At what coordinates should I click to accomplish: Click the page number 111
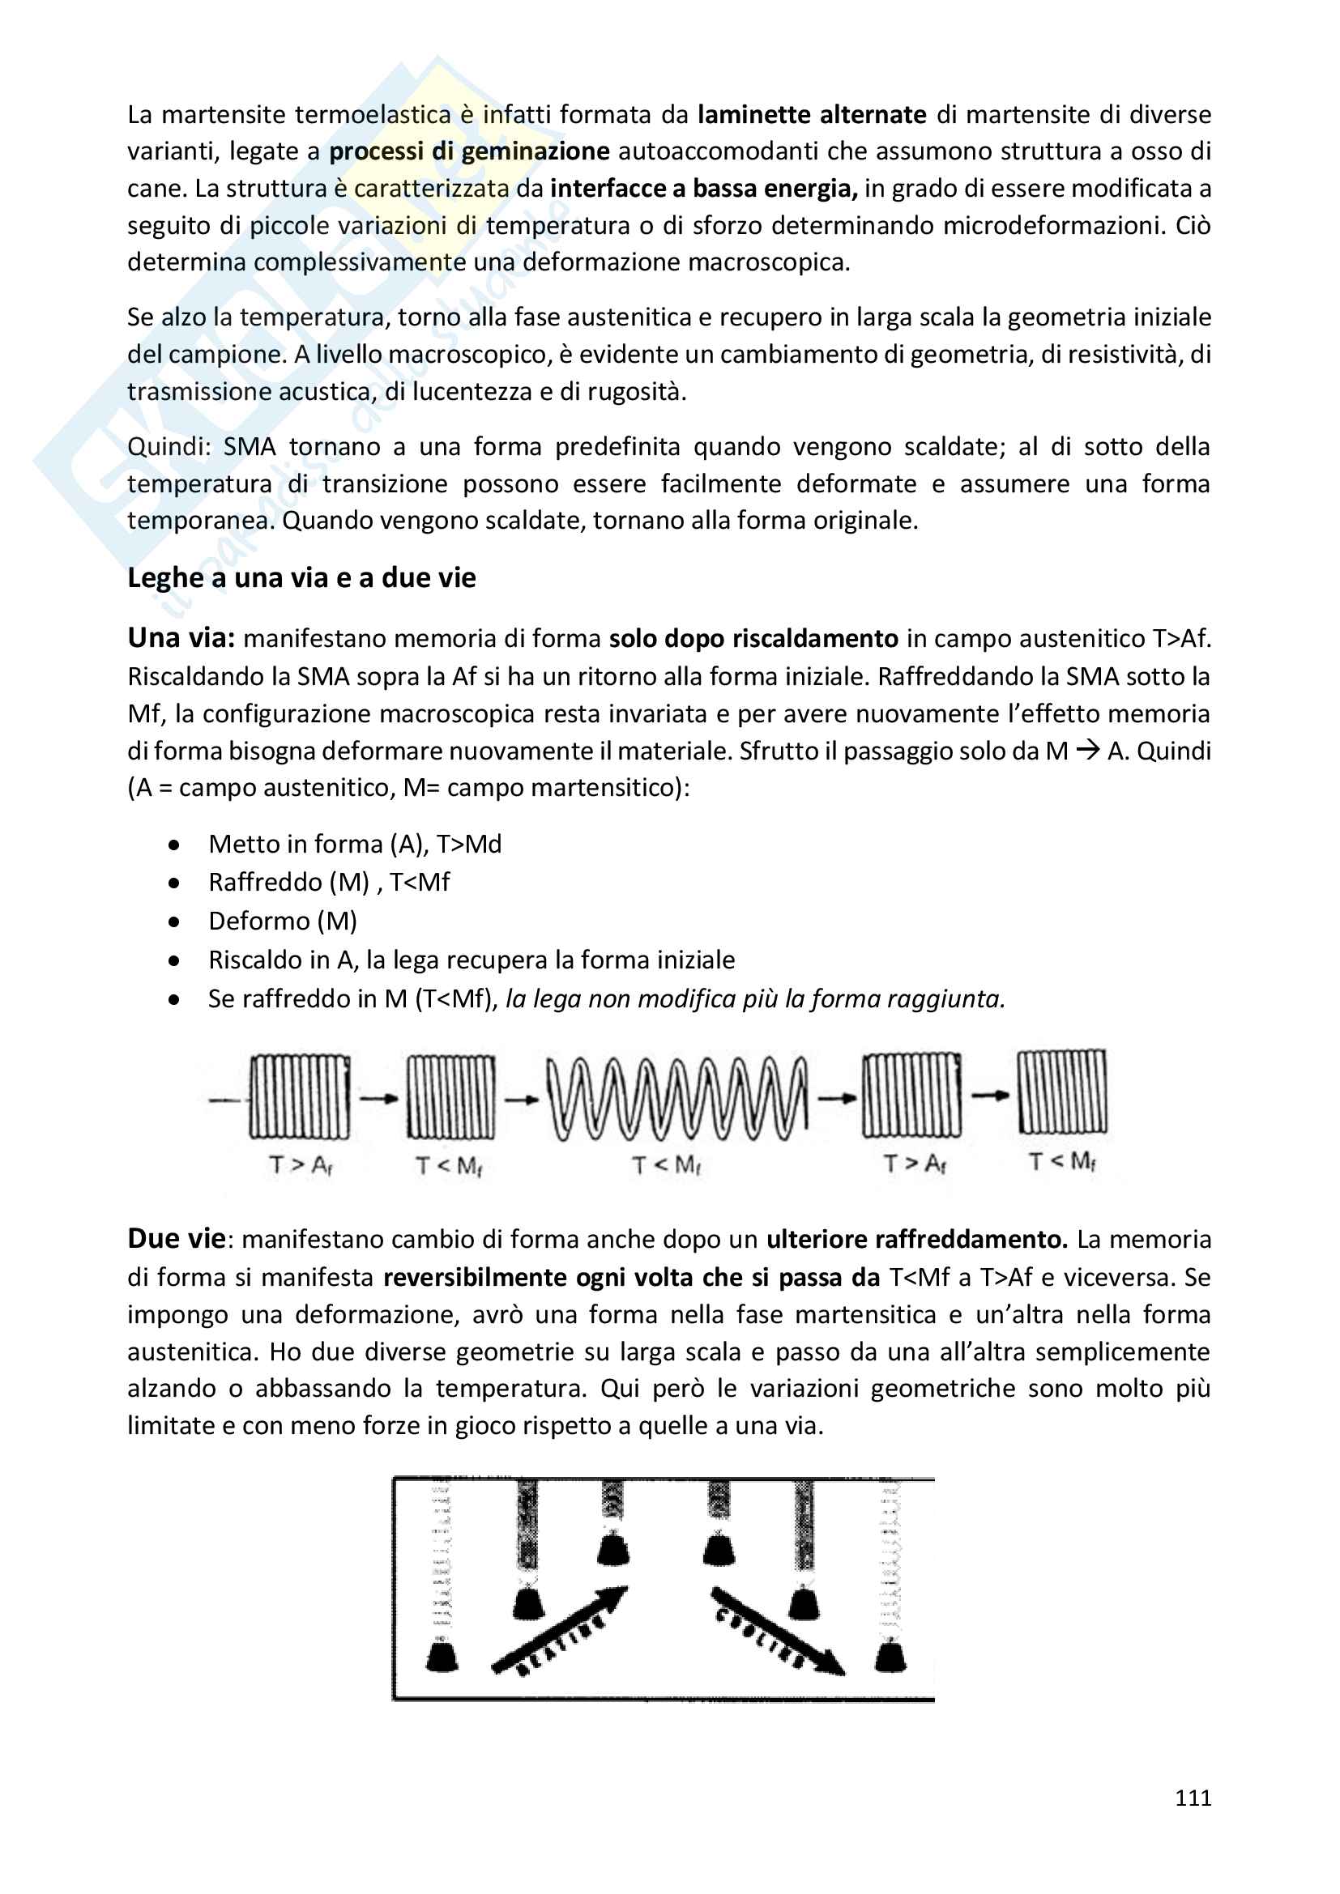click(x=1193, y=1798)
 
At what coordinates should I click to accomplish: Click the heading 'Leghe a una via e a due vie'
click(x=301, y=577)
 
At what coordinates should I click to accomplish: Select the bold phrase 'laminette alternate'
click(x=812, y=114)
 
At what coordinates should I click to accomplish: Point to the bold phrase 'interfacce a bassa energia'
click(x=703, y=188)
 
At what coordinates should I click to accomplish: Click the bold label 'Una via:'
click(x=181, y=637)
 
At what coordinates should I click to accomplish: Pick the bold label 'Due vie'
click(x=176, y=1238)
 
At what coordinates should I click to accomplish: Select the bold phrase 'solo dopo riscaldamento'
click(x=753, y=638)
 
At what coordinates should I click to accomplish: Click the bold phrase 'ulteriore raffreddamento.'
click(x=917, y=1239)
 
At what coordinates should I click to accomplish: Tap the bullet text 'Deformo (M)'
click(x=282, y=921)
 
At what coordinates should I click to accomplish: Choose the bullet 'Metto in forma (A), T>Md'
click(x=355, y=844)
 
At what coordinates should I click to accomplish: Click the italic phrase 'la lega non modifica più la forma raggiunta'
click(x=754, y=999)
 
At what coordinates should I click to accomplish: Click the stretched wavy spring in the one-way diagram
click(x=677, y=1097)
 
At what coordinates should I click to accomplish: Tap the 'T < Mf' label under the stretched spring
click(x=667, y=1164)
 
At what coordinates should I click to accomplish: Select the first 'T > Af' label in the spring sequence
click(x=301, y=1164)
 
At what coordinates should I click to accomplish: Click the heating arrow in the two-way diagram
click(x=560, y=1629)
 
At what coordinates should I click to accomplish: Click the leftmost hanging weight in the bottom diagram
click(x=442, y=1654)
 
